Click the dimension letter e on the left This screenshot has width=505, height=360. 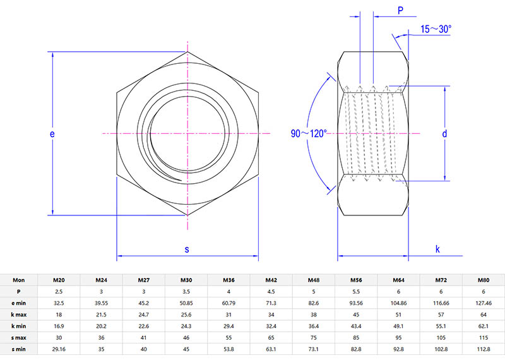coord(52,135)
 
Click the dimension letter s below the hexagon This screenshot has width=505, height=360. coord(187,249)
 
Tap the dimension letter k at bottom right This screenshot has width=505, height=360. coord(437,249)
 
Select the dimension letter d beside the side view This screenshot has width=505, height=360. coord(444,134)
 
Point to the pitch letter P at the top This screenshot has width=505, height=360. coord(400,9)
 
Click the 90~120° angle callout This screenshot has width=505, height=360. coord(309,134)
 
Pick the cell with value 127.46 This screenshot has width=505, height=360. coord(484,303)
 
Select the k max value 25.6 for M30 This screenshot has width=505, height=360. coord(186,314)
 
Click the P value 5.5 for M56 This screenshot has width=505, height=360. coord(356,291)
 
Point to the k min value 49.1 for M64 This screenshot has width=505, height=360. coord(398,326)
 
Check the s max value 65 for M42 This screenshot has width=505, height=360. coord(271,337)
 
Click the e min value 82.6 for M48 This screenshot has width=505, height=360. coord(314,303)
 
